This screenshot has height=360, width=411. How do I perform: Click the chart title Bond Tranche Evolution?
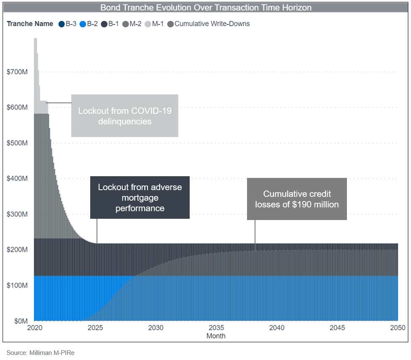click(206, 8)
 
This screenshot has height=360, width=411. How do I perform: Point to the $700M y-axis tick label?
click(17, 72)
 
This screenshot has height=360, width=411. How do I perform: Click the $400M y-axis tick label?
click(17, 179)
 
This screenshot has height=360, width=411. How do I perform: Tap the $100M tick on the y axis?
click(17, 285)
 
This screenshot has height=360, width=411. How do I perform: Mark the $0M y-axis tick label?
click(20, 321)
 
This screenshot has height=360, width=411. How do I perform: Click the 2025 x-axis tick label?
click(94, 328)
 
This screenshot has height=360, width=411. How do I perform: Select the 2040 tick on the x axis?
click(277, 328)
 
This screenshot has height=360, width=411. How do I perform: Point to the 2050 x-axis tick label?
click(398, 328)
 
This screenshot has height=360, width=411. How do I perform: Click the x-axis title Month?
click(216, 336)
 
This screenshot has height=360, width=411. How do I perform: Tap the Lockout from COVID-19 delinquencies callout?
click(125, 116)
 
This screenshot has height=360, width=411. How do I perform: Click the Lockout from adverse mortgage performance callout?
click(140, 197)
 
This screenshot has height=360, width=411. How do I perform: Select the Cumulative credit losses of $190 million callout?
click(297, 199)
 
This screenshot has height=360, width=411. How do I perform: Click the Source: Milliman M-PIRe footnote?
click(40, 353)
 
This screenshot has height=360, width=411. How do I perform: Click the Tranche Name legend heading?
click(30, 24)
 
